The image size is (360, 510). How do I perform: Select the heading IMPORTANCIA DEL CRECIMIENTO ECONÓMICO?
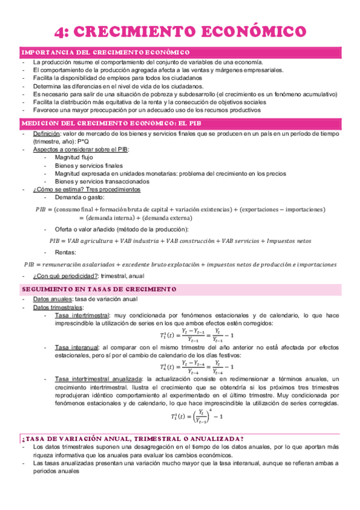pos(106,53)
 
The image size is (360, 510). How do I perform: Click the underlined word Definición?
pos(47,133)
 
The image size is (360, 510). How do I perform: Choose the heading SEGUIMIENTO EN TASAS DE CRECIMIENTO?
pos(99,289)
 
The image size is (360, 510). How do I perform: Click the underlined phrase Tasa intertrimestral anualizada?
pos(97,378)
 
